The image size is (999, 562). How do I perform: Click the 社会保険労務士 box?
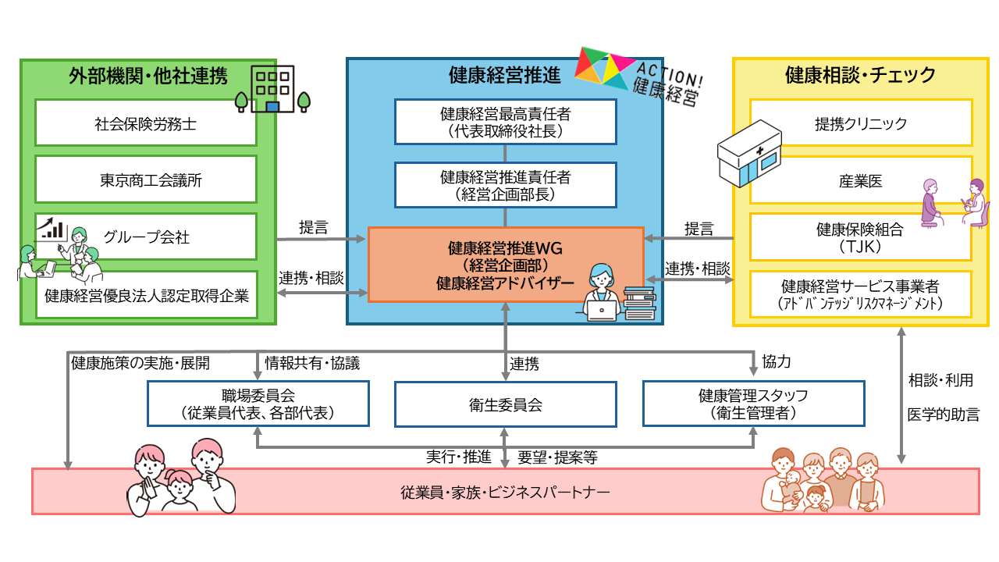click(146, 123)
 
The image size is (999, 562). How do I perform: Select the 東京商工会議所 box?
click(146, 180)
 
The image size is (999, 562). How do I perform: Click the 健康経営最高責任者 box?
click(505, 123)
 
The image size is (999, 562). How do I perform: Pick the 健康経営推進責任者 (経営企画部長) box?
click(505, 186)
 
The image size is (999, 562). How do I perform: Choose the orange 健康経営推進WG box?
click(505, 264)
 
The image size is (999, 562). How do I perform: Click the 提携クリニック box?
click(861, 123)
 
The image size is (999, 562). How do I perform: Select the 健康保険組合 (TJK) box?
click(861, 237)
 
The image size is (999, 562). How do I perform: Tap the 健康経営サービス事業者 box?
click(861, 294)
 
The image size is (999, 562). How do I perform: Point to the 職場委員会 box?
click(258, 404)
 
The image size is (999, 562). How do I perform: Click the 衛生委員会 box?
click(505, 404)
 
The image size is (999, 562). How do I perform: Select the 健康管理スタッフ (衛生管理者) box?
click(753, 404)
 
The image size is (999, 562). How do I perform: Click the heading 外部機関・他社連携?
click(148, 76)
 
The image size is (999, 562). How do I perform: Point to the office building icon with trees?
click(272, 88)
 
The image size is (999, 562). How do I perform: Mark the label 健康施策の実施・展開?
click(140, 363)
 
